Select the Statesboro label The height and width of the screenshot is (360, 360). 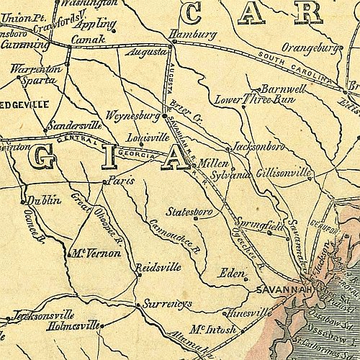coord(189,212)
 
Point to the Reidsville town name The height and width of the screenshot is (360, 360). coord(158,266)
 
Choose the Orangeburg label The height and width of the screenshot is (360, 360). coord(310,48)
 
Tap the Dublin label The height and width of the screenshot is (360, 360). coord(44,201)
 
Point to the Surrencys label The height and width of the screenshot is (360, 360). coord(168,304)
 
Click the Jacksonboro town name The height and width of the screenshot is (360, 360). coord(259,147)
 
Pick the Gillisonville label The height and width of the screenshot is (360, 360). coord(284,173)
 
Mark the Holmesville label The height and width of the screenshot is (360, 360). coord(73,325)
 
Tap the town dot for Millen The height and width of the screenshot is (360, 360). coord(194,166)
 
